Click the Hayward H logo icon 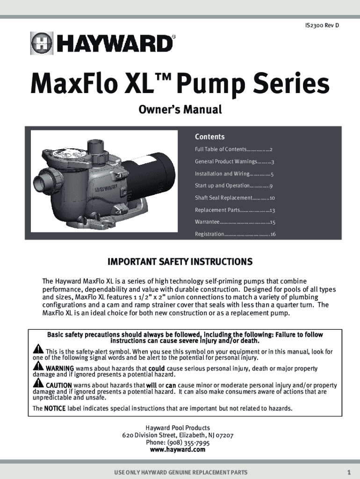pos(42,44)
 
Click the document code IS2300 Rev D pos(322,25)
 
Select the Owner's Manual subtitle pos(180,109)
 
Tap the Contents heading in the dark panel pos(210,137)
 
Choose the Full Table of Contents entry pos(234,149)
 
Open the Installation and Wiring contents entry pos(234,174)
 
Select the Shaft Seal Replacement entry pos(235,198)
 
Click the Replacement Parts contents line pos(235,210)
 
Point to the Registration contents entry pos(235,234)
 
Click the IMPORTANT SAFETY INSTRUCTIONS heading pos(180,262)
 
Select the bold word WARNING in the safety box pos(60,369)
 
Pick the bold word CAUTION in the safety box pos(58,385)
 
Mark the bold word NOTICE pos(55,408)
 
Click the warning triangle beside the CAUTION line pos(38,382)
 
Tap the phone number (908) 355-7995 pos(188,443)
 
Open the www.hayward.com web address pos(178,450)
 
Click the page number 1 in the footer pos(349,472)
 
